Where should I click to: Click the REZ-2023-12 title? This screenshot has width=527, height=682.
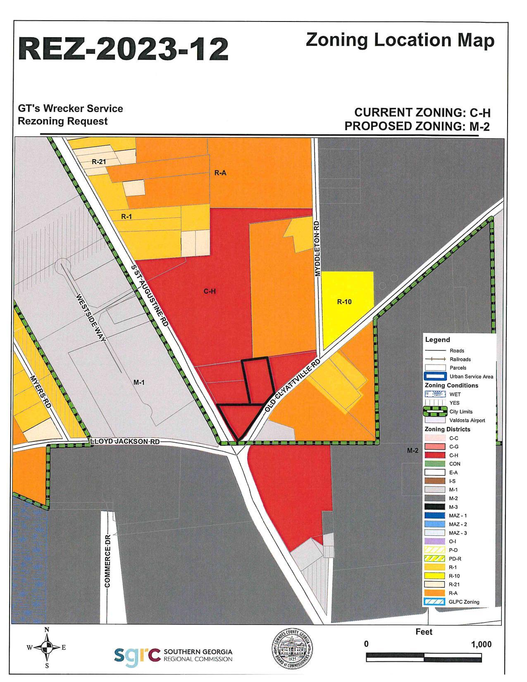pyautogui.click(x=123, y=49)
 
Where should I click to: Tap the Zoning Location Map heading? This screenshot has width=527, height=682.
pyautogui.click(x=400, y=40)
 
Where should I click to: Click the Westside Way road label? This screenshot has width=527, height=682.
pyautogui.click(x=91, y=317)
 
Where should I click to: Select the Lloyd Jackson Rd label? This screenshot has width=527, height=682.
pyautogui.click(x=125, y=441)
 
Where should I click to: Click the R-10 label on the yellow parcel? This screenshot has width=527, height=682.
pyautogui.click(x=344, y=302)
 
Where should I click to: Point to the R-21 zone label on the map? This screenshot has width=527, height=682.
pyautogui.click(x=99, y=162)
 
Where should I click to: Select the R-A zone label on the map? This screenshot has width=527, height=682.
pyautogui.click(x=220, y=173)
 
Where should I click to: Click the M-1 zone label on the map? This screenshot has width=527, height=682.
pyautogui.click(x=139, y=382)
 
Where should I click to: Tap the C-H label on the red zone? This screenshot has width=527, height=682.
pyautogui.click(x=210, y=291)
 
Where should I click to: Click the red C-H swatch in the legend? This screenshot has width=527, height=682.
pyautogui.click(x=435, y=455)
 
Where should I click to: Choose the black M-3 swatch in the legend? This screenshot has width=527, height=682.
pyautogui.click(x=435, y=507)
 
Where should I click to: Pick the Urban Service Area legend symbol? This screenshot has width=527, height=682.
pyautogui.click(x=435, y=376)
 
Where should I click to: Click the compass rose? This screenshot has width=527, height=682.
pyautogui.click(x=47, y=648)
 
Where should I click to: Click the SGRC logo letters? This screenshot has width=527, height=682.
pyautogui.click(x=137, y=654)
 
